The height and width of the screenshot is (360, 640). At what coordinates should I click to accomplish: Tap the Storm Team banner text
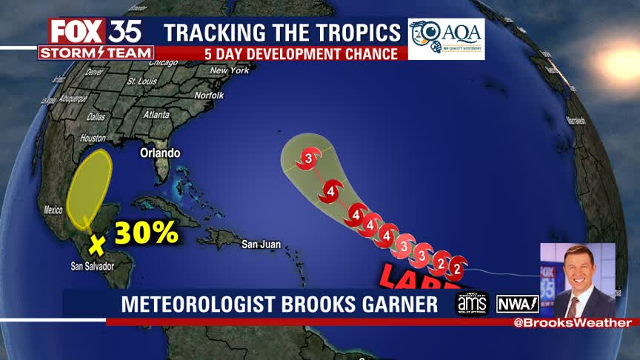click(x=96, y=53)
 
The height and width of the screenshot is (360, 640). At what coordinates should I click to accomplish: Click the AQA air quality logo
click(x=446, y=39)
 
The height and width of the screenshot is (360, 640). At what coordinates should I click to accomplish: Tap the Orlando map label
click(x=160, y=153)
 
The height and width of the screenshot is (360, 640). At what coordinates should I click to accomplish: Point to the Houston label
click(x=93, y=139)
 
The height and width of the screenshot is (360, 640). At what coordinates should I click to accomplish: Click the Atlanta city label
click(x=156, y=115)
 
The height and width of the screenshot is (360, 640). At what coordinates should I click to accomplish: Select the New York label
click(x=229, y=70)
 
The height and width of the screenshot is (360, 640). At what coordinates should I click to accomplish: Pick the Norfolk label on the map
click(x=209, y=96)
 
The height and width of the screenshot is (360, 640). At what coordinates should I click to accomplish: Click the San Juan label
click(x=261, y=244)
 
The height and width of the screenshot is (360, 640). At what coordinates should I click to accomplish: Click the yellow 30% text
click(x=146, y=233)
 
